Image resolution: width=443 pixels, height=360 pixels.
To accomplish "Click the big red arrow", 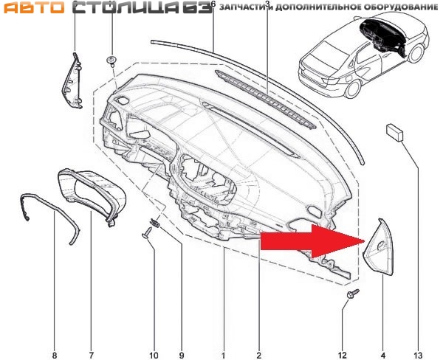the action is coord(312,240).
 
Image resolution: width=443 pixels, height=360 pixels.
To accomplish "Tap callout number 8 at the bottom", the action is coord(55,355).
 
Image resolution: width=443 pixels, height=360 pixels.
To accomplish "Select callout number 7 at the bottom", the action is coord(92,355).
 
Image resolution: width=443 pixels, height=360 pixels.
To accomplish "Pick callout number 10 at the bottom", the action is coord(154,355).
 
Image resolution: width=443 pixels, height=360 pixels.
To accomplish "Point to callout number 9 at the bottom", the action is coord(182,355).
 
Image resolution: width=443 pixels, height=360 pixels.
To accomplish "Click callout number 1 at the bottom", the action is coord(224,355).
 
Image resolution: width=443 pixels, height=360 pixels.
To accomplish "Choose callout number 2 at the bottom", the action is coord(259,355).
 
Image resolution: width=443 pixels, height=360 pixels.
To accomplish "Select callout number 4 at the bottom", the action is coord(383,355).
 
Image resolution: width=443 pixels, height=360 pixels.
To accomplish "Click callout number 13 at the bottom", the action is coord(418,355).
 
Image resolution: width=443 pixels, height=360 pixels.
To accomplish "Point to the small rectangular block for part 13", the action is coord(394,132).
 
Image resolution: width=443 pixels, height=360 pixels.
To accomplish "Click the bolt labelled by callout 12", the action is coord(353,293).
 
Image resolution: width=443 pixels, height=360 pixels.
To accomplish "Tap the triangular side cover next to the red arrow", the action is coord(378,246).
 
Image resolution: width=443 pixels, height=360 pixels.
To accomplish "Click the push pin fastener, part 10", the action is coord(148,233).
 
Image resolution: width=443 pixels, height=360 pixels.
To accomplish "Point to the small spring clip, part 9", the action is coord(155,223).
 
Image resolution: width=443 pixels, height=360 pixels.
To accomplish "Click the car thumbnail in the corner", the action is coord(364,57).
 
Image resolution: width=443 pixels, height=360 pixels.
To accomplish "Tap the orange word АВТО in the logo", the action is coord(34,7).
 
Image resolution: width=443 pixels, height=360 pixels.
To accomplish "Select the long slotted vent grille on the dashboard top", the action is coord(265,99).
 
